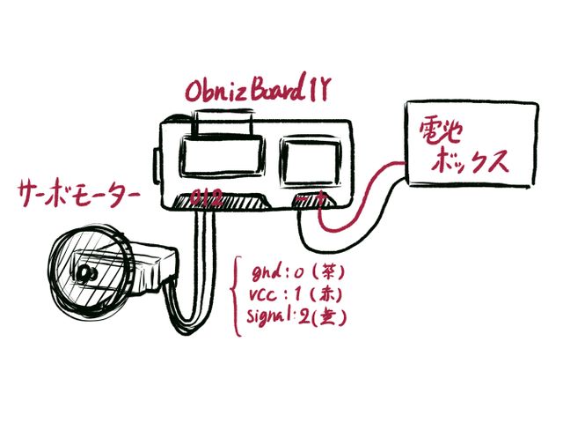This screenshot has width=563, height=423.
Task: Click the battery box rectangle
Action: pos(470,143)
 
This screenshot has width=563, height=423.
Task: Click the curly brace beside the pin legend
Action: pos(236,295)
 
